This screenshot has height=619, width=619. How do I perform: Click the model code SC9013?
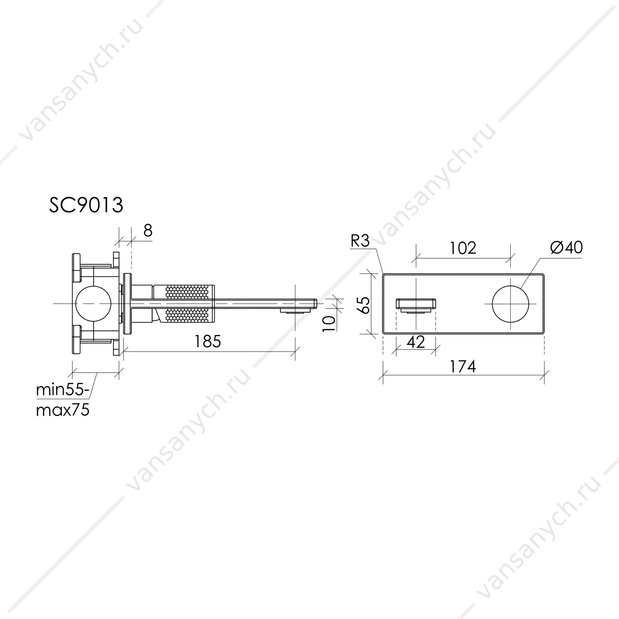(86, 205)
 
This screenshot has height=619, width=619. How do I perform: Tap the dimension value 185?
(208, 341)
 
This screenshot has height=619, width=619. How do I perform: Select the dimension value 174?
(463, 367)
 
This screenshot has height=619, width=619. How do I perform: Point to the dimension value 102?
(463, 248)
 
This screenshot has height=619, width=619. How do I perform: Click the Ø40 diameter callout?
(566, 248)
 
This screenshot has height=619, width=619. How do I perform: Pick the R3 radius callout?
(360, 241)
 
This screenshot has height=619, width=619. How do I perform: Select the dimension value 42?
(416, 342)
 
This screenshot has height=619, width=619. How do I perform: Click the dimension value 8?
(148, 231)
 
